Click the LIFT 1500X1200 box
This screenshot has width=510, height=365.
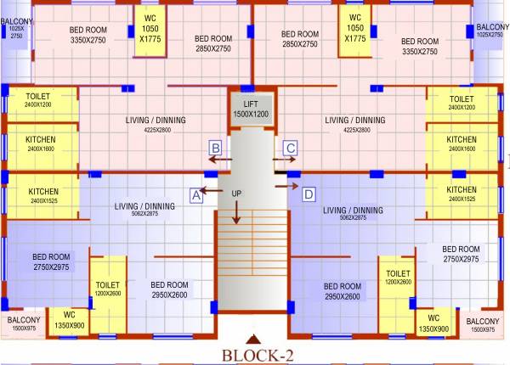coord(250,108)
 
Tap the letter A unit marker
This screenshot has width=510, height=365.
coord(195,194)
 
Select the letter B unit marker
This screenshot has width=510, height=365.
coord(216,149)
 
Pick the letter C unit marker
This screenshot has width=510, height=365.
coord(290,149)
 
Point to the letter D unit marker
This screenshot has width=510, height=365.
coord(309,194)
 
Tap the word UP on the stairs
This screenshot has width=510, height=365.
coord(236,194)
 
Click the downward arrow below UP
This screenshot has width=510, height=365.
coord(236,212)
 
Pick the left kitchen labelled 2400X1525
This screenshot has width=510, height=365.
coord(43,195)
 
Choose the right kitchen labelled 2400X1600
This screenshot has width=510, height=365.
coord(462,143)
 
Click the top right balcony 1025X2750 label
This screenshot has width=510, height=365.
coord(489,31)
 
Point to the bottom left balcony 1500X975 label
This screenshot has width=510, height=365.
coord(24,323)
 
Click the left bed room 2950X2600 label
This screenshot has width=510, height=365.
coord(169,289)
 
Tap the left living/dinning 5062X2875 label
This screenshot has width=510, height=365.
coord(144,211)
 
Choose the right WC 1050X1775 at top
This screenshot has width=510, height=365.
coord(355,27)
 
